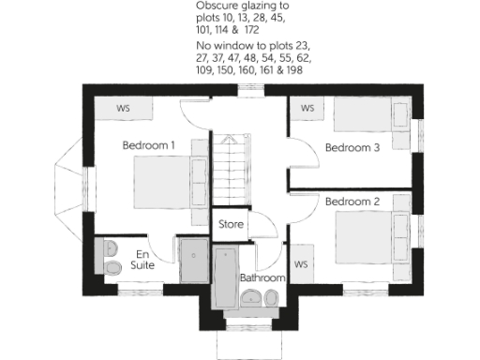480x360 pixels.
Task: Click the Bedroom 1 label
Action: click(149, 145)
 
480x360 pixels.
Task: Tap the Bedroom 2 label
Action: click(352, 201)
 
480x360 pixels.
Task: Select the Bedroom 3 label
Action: click(352, 147)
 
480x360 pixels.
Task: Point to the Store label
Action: click(231, 225)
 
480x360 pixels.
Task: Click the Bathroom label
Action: click(262, 278)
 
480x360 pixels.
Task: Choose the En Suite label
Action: click(142, 260)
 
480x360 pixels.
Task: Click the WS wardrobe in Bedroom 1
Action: click(123, 108)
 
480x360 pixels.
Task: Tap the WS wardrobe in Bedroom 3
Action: click(307, 108)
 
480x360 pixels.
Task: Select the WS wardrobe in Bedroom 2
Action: click(301, 265)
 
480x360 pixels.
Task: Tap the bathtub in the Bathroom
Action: click(226, 277)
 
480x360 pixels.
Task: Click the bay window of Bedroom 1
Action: click(70, 187)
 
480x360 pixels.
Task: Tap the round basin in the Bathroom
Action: click(250, 298)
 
